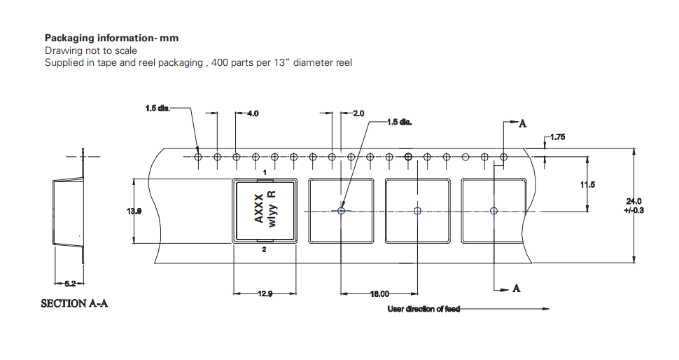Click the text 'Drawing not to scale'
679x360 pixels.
(91, 50)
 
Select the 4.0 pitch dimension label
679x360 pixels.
(253, 113)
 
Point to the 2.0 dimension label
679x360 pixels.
(358, 113)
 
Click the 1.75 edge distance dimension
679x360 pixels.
(557, 137)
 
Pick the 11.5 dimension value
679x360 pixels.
(587, 184)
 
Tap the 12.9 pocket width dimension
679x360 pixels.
(265, 293)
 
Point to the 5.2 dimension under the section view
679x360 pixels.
(70, 283)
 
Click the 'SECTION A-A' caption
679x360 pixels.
(74, 304)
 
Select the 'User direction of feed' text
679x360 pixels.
(423, 309)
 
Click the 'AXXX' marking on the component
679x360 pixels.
(258, 209)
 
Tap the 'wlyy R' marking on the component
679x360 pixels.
(274, 208)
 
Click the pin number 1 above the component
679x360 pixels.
(265, 172)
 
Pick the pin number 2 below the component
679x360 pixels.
(264, 249)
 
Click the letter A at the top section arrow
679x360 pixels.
(521, 125)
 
